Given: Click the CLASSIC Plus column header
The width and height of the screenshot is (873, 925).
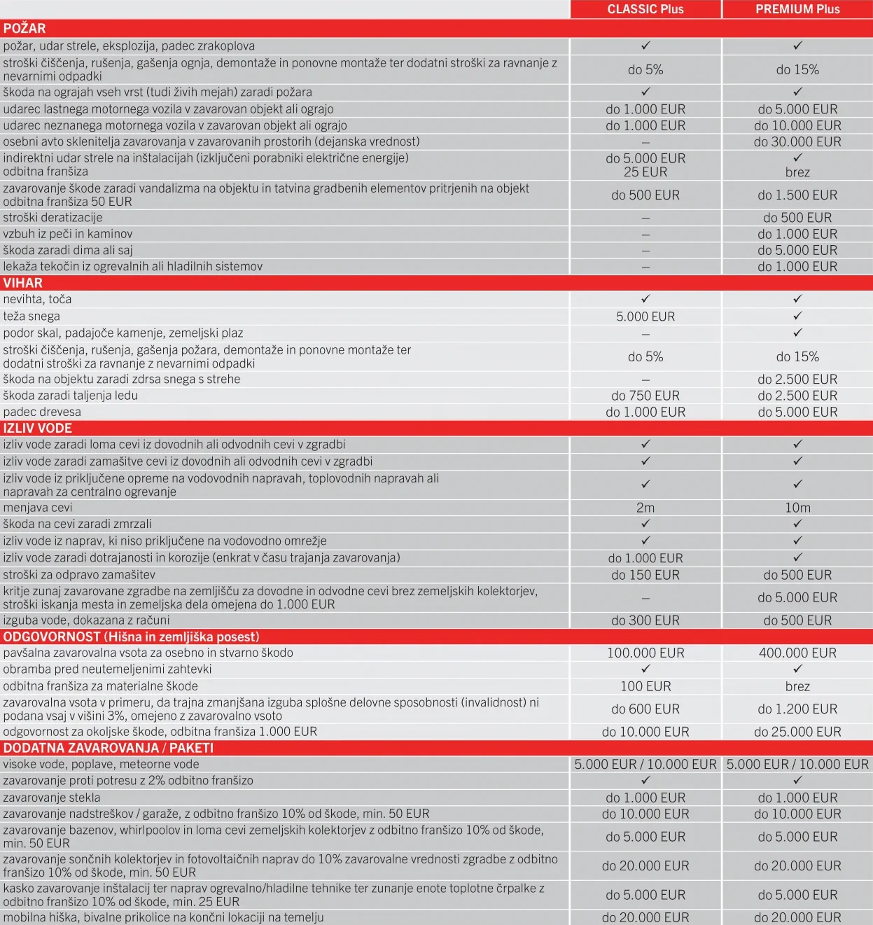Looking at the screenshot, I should click(x=645, y=9).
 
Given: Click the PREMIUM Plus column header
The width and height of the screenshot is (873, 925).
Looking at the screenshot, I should click(x=797, y=9).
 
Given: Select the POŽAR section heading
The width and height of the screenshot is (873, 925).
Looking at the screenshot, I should click(x=25, y=29).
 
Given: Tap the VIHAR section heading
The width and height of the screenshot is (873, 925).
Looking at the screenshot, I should click(x=23, y=283).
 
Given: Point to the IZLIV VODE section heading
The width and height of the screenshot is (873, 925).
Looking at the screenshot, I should click(x=38, y=428).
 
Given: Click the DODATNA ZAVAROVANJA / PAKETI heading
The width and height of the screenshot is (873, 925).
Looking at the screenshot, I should click(x=109, y=748).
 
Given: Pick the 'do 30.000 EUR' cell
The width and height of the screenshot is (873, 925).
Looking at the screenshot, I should click(x=797, y=141).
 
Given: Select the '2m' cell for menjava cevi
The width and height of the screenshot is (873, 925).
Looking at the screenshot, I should click(x=645, y=508).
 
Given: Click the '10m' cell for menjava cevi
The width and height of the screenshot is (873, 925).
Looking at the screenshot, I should click(x=797, y=508).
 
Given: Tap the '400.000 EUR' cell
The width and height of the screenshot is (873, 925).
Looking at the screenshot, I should click(x=797, y=653).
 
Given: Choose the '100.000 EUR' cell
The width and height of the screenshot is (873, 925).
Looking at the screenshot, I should click(x=645, y=653).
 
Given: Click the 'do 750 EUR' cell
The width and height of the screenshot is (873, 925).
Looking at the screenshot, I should click(x=645, y=396).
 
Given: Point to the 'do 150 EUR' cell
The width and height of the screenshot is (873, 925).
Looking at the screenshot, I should click(x=645, y=575).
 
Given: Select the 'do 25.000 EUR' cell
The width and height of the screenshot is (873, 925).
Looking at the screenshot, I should click(x=797, y=732).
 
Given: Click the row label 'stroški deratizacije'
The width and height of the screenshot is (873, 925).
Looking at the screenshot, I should click(x=53, y=218).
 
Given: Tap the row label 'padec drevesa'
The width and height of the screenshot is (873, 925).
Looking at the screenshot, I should click(x=42, y=412).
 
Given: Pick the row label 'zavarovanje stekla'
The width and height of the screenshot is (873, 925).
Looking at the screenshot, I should click(x=52, y=798).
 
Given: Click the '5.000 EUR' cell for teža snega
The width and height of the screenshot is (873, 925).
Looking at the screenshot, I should click(x=645, y=317).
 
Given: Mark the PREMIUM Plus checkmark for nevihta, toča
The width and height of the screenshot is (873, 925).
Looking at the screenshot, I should click(x=797, y=299).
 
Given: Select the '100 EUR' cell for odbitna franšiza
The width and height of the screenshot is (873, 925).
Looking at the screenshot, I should click(x=645, y=686).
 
